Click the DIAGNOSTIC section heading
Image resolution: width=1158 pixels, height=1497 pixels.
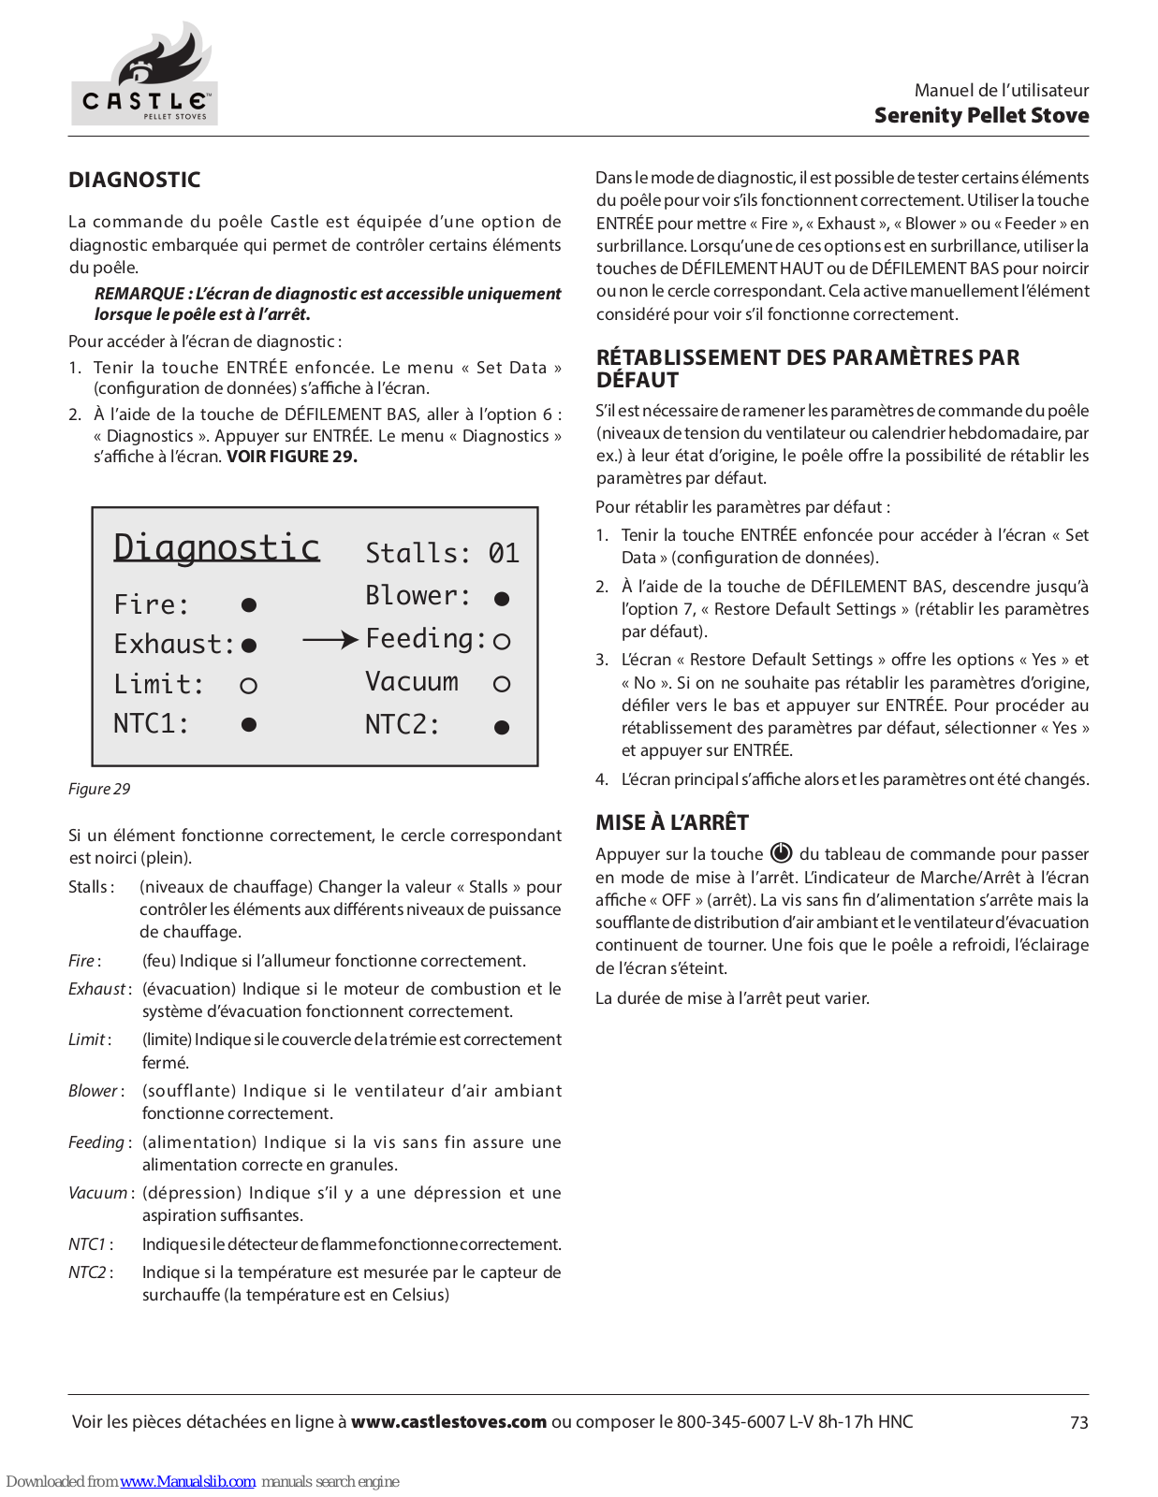135,180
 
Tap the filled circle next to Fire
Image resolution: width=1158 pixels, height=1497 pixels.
249,605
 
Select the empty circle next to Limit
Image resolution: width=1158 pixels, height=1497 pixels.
248,686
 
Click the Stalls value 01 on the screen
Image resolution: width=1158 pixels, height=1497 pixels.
504,553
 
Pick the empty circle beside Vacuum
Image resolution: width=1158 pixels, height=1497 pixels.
502,684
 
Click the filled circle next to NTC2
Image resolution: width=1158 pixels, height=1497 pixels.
502,727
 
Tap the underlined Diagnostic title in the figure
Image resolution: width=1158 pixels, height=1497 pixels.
216,547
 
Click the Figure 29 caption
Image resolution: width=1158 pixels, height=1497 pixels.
99,789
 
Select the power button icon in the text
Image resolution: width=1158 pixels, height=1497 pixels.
781,852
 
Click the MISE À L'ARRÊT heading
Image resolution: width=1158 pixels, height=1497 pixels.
672,822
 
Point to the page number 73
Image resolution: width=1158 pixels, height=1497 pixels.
1078,1422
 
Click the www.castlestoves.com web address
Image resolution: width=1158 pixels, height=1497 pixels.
448,1421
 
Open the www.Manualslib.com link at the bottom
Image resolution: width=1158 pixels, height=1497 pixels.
187,1481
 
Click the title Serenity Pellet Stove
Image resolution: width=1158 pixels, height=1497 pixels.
981,115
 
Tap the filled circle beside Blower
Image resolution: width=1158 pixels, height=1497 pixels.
502,599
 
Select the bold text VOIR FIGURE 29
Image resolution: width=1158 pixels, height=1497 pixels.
292,457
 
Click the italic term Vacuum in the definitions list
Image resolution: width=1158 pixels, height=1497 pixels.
98,1193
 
